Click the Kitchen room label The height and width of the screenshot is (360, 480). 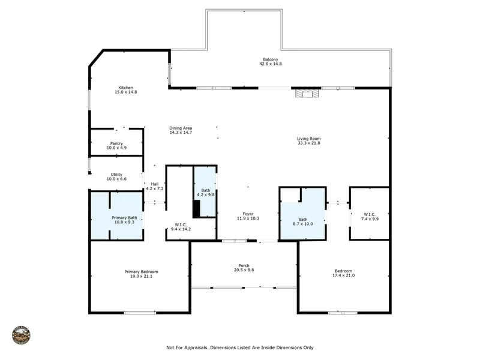126,88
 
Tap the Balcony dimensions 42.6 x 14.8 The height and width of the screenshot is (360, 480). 271,64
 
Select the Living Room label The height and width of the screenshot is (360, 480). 309,139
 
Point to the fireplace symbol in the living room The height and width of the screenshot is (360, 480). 307,93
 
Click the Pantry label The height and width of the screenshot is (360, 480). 116,143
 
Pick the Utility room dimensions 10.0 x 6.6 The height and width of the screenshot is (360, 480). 116,179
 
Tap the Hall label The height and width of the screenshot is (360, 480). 155,184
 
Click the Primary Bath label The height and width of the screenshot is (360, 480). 124,218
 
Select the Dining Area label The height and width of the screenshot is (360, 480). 181,128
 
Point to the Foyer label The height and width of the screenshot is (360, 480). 248,214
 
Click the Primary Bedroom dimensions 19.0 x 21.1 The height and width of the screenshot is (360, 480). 141,277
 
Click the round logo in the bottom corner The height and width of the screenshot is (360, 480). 22,335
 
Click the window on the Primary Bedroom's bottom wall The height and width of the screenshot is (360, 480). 140,313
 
